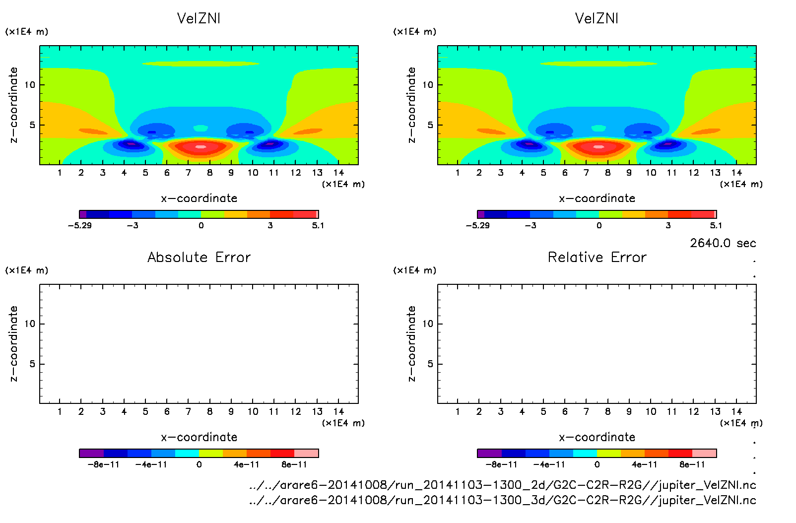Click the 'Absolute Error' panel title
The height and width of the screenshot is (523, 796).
pos(199,257)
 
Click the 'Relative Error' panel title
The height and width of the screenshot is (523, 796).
pos(597,257)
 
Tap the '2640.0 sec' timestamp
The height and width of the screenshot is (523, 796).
pos(723,243)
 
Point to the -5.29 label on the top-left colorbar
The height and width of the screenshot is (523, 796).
pos(80,225)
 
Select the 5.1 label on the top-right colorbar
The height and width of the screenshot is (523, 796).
pos(716,225)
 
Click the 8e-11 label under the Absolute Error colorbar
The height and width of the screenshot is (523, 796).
pos(294,464)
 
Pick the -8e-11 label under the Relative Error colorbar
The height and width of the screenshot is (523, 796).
pos(501,464)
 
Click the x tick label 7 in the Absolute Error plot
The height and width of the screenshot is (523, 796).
pos(188,411)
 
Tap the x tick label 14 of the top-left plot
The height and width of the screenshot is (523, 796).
pos(338,173)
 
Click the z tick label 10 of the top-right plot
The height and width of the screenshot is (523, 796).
pos(428,85)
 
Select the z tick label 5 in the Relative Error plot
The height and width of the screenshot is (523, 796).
pos(430,364)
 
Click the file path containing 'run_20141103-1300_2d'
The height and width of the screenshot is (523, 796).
pos(502,485)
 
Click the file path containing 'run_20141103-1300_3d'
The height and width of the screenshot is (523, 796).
pos(502,500)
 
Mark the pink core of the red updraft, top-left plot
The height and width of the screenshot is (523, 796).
pos(200,147)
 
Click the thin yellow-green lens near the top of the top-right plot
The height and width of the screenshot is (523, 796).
pos(598,64)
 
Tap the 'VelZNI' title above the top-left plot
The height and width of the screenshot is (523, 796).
pos(199,18)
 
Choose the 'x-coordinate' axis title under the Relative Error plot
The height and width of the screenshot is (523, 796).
pos(597,437)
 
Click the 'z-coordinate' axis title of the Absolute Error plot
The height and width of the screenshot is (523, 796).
pos(13,343)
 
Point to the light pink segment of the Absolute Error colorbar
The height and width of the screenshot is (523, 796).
pos(306,453)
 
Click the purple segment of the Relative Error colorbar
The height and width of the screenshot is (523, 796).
pos(489,453)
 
